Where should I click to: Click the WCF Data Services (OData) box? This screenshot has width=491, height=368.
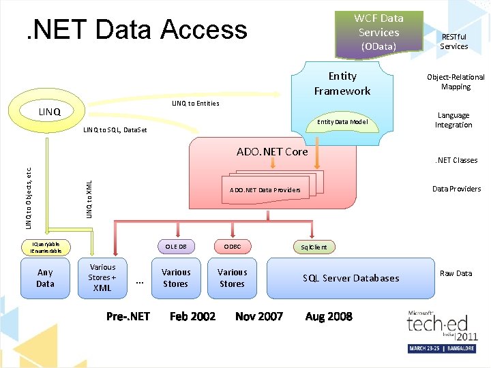pos(379,32)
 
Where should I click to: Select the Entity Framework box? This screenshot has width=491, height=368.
pos(342,84)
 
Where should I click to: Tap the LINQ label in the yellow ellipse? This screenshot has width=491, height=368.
pos(49,110)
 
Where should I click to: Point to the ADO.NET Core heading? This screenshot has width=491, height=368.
pos(272,151)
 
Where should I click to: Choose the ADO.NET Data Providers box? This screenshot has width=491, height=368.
pos(265,189)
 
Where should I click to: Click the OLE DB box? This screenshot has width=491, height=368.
pos(176,247)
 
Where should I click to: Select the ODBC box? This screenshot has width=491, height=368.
pos(232,247)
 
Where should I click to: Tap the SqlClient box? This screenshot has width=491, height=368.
pos(314,247)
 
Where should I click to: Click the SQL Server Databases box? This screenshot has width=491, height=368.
pos(351,278)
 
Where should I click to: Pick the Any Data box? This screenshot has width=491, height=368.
pos(45,278)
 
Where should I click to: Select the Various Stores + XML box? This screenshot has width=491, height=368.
pos(103,277)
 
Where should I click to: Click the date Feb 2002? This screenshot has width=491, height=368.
pos(192,316)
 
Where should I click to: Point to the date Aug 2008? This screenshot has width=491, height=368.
pos(329,316)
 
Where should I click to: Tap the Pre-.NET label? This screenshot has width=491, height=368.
pos(128,316)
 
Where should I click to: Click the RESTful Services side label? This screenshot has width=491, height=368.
pos(453,42)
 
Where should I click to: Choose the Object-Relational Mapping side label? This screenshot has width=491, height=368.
pos(456,82)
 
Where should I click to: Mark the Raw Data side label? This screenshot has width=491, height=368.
pos(456,273)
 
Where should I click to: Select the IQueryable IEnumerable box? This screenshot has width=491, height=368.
pos(46,247)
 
